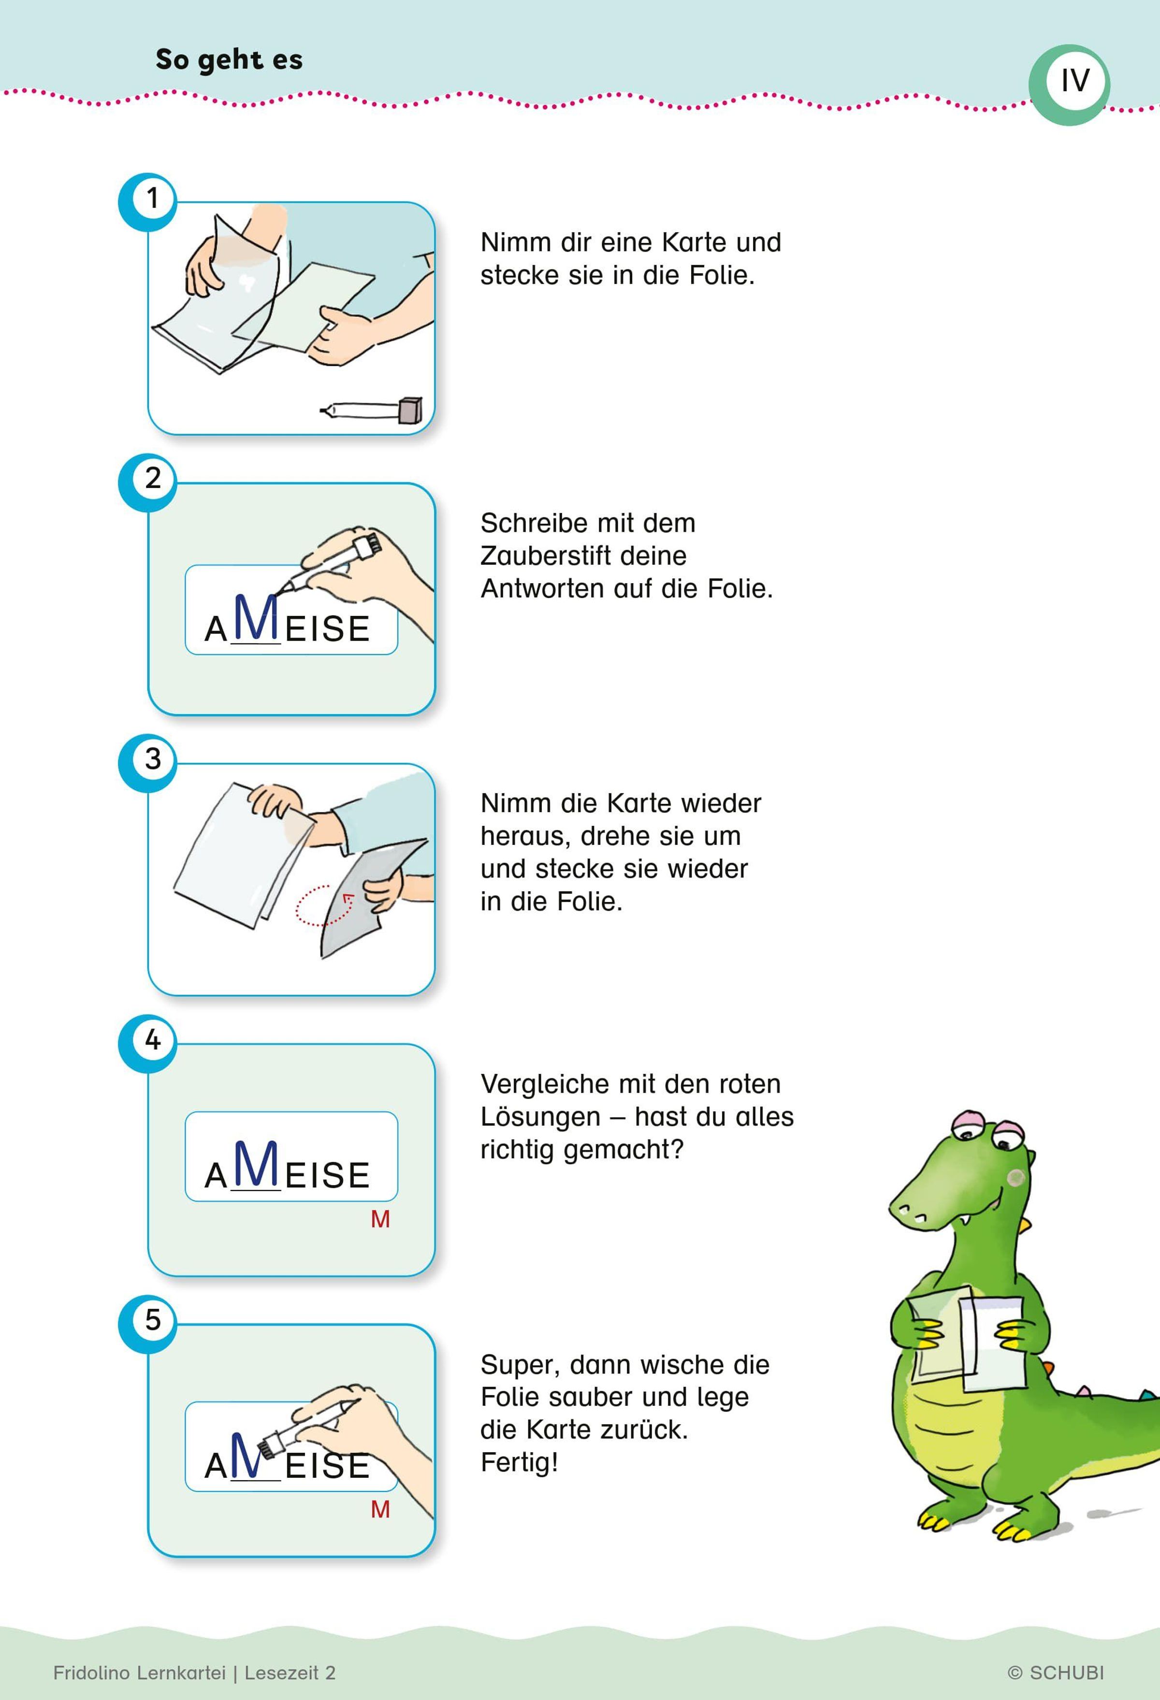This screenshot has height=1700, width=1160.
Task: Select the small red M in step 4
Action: pos(380,1219)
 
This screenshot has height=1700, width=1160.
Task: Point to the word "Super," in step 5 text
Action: pos(519,1365)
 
